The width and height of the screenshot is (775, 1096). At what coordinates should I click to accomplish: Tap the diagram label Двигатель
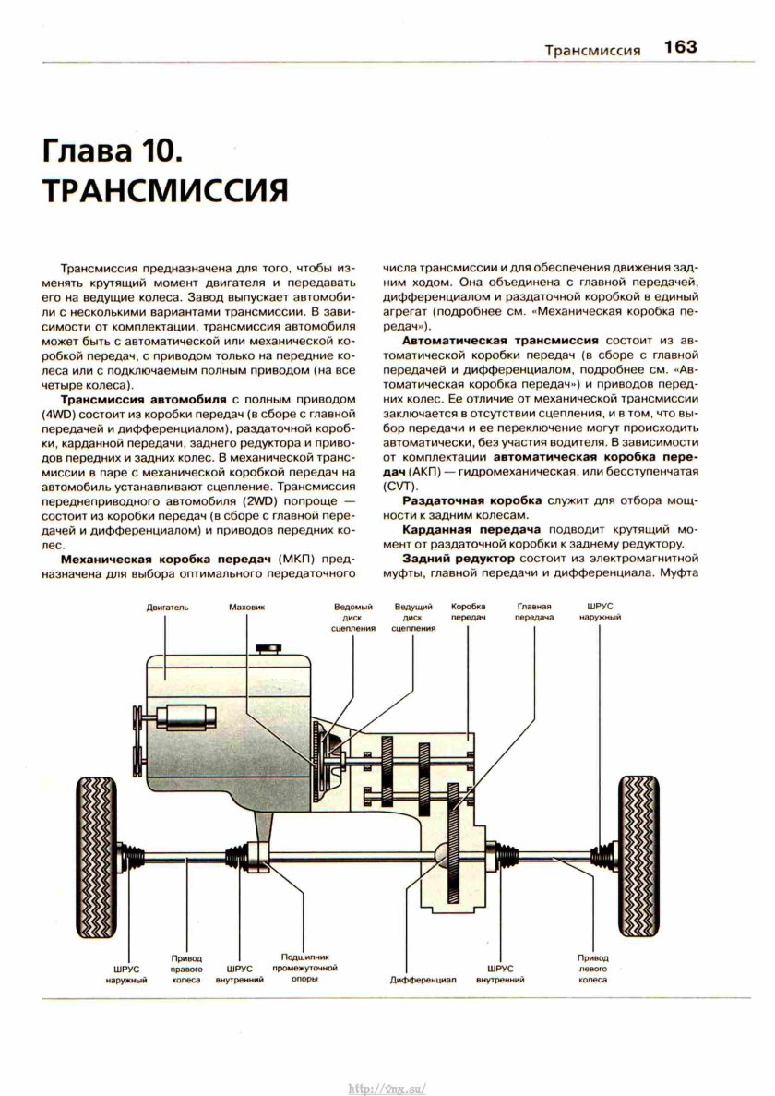pos(168,608)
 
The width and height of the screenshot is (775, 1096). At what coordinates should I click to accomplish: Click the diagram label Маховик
pos(246,608)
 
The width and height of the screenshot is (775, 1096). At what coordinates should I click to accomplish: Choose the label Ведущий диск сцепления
pos(412,618)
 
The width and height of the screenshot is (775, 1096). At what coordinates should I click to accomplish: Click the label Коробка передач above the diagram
pos(469,612)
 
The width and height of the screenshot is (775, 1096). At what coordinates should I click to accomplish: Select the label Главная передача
pos(533,612)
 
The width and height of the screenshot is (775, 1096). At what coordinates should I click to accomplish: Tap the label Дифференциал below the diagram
pos(424,979)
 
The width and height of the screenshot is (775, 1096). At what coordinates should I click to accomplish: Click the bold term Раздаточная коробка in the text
pos(471,499)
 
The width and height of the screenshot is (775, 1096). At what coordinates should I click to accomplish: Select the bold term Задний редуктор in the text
pos(459,560)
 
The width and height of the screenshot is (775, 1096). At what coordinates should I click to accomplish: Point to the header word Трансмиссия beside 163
pos(591,50)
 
